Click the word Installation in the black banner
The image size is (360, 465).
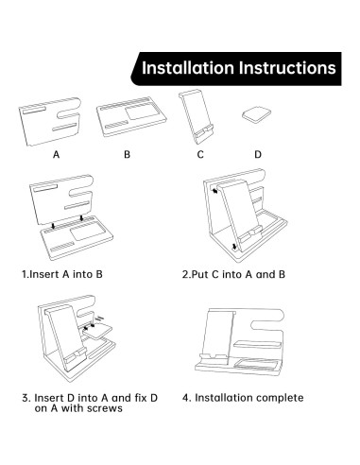point(188,68)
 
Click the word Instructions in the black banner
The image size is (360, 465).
point(287,68)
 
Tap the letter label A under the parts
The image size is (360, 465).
point(56,155)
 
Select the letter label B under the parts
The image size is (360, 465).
point(127,155)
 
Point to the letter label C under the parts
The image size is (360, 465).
point(200,155)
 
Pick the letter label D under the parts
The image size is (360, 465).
point(258,155)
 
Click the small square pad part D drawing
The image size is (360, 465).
point(256,114)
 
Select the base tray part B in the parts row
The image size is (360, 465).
point(131,117)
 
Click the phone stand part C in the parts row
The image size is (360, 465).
point(197,116)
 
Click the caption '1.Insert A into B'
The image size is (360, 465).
point(62,274)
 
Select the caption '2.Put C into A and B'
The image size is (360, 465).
point(233,274)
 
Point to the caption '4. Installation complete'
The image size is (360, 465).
point(243,398)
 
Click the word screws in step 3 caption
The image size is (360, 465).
point(105,408)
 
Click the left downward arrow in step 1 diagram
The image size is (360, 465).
point(54,226)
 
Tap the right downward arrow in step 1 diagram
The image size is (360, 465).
point(82,217)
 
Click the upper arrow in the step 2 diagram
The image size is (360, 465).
point(215,191)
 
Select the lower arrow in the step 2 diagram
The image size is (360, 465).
point(234,248)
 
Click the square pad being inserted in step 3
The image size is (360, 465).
point(97,331)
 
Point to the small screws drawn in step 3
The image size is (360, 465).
point(99,319)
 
